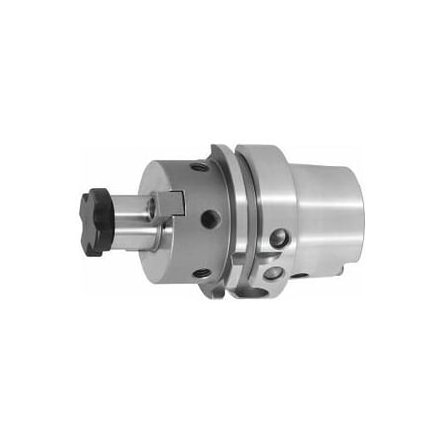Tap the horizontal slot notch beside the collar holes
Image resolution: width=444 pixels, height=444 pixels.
[x=259, y=264]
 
